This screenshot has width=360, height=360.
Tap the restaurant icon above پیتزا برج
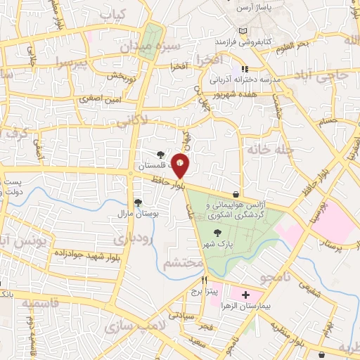pyautogui.click(x=204, y=279)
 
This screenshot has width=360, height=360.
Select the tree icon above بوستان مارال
pyautogui.click(x=137, y=202)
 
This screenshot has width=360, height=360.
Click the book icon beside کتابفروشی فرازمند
pyautogui.click(x=243, y=32)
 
